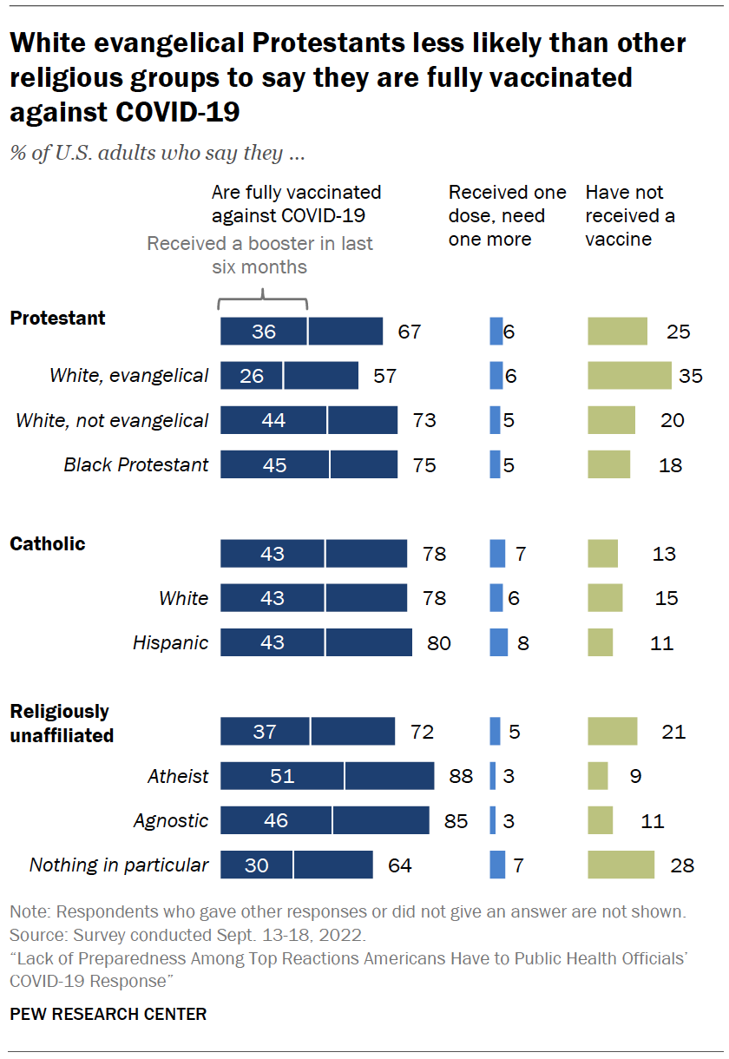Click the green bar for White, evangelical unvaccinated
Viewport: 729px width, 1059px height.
(629, 375)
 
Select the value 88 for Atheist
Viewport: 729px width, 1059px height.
(460, 776)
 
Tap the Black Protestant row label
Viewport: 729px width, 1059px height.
(136, 464)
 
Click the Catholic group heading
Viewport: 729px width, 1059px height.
(48, 544)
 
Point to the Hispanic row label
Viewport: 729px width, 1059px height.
(170, 643)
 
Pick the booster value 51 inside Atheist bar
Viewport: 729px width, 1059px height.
(282, 776)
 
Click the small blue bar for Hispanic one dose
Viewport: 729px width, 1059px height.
(499, 643)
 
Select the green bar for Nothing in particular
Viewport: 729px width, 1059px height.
(621, 865)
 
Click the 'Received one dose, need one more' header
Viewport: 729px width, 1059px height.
(507, 215)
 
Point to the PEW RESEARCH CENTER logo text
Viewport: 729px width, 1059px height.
(108, 1014)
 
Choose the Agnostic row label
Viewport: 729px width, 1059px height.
(171, 820)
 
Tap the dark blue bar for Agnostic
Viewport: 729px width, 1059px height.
(325, 820)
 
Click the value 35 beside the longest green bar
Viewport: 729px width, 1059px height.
(691, 376)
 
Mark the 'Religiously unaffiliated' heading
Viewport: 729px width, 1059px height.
(61, 723)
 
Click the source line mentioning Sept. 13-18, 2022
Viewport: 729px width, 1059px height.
(187, 937)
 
